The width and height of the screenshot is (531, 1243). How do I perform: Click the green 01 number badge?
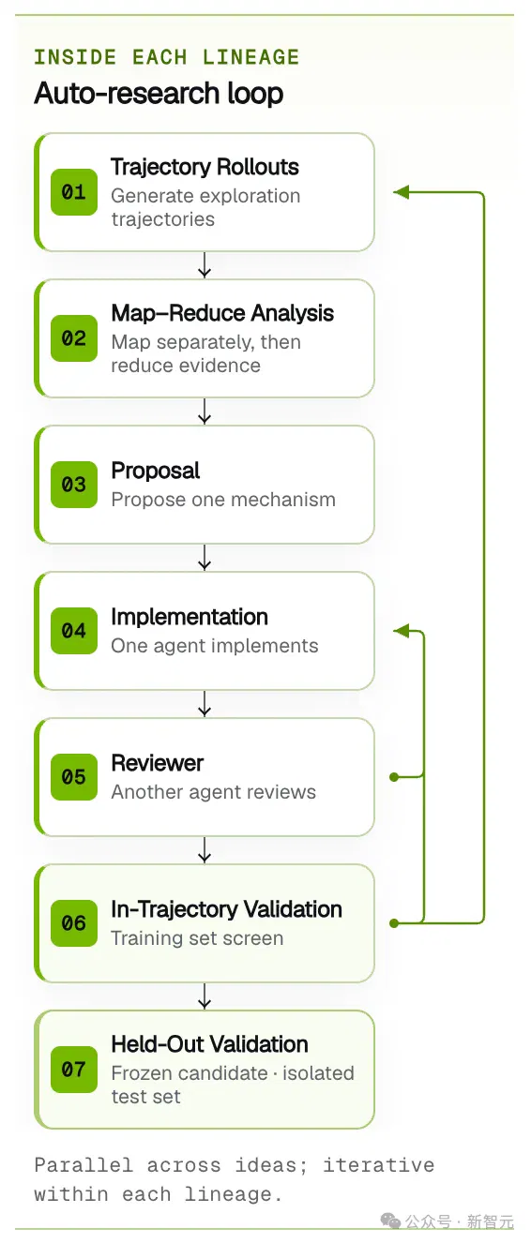[x=74, y=192]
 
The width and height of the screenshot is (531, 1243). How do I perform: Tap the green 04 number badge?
[x=74, y=630]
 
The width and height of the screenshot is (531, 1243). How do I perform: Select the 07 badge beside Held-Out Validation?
[x=74, y=1069]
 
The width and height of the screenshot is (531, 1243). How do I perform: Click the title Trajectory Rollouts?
[x=205, y=167]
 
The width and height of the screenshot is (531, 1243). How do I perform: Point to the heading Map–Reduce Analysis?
[x=222, y=313]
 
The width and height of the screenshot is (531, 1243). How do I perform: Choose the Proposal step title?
[x=155, y=472]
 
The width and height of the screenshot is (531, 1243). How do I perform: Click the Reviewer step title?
[x=158, y=763]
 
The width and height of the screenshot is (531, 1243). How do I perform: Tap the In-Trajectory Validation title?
[x=226, y=909]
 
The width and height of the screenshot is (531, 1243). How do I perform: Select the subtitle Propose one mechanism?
[x=223, y=500]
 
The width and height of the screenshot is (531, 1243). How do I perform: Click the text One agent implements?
[x=215, y=646]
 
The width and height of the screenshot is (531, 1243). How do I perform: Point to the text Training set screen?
[x=197, y=937]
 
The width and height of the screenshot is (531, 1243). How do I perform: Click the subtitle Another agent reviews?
[x=213, y=792]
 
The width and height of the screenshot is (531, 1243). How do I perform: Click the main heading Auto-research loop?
[x=159, y=93]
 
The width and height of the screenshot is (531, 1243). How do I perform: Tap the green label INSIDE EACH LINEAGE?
[x=167, y=57]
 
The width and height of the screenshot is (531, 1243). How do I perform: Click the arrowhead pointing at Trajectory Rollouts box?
[x=401, y=192]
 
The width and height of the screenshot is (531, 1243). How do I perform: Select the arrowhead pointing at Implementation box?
[x=401, y=630]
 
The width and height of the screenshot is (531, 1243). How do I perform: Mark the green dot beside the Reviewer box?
[x=394, y=777]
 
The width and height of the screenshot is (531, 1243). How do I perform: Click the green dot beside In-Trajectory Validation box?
[x=394, y=923]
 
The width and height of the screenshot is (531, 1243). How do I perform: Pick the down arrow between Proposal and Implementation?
[x=205, y=558]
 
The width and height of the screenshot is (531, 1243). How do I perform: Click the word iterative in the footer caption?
[x=379, y=1165]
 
